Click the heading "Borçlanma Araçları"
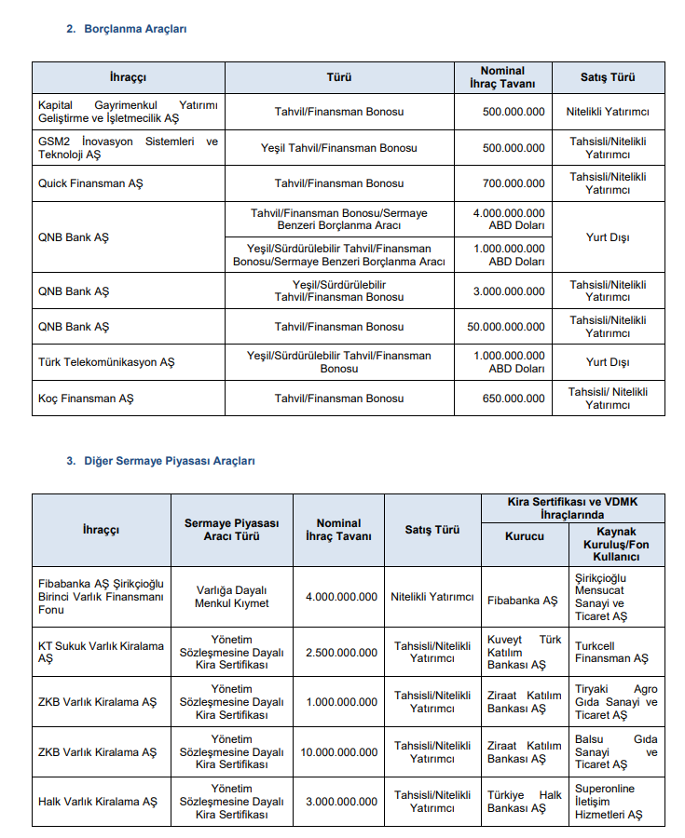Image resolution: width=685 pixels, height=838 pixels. [135, 29]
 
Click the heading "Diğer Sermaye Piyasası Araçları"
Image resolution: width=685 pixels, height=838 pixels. [170, 461]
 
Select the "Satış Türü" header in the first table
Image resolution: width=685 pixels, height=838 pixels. [608, 77]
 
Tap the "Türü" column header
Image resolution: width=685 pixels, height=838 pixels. [339, 77]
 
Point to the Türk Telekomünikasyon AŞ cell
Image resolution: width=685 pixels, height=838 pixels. [106, 362]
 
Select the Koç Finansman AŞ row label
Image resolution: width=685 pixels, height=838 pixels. [86, 399]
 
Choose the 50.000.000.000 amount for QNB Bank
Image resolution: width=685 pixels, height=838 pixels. [506, 327]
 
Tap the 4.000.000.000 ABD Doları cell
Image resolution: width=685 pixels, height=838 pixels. [509, 220]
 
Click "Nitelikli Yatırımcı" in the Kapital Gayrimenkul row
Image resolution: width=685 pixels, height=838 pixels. [608, 112]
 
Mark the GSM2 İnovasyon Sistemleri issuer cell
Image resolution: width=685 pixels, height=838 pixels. [128, 148]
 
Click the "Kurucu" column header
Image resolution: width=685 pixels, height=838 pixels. [524, 537]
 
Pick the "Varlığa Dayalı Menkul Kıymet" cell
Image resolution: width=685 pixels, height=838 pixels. [231, 597]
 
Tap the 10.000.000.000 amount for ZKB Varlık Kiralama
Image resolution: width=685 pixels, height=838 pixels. [338, 752]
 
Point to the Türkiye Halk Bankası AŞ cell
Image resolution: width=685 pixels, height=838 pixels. [525, 802]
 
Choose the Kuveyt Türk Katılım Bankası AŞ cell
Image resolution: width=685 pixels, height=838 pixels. [525, 652]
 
